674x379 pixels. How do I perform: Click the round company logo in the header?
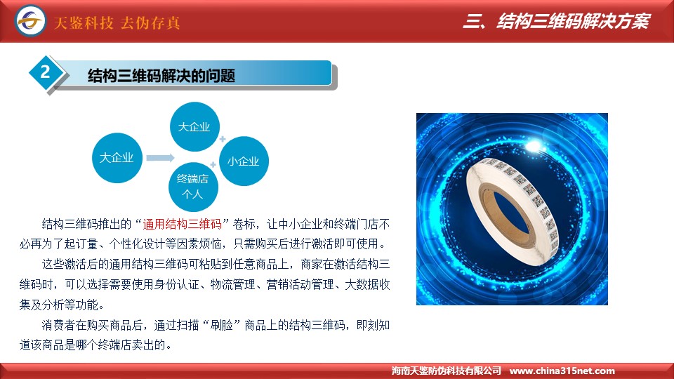(x=30, y=20)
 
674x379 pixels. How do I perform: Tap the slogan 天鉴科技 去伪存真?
(x=117, y=22)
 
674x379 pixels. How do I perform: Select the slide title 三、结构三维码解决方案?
(x=557, y=21)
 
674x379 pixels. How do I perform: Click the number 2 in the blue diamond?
(x=45, y=72)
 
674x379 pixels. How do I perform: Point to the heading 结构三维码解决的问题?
(x=161, y=76)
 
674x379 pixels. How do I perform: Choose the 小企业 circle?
(x=244, y=161)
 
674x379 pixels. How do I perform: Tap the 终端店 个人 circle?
(x=193, y=187)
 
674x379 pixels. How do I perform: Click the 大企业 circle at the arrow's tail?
(x=117, y=158)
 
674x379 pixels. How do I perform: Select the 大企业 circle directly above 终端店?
(x=194, y=127)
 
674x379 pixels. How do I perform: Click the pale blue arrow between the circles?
(x=160, y=158)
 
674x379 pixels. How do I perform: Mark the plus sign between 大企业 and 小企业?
(x=223, y=139)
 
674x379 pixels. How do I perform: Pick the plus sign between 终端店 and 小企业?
(x=213, y=164)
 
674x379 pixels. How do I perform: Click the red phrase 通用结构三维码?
(x=182, y=224)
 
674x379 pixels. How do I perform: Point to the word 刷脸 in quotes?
(x=221, y=325)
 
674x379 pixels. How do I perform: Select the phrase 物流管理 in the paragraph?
(x=232, y=284)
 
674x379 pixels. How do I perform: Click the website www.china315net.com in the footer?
(x=562, y=371)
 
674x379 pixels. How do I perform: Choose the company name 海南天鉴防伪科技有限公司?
(x=447, y=371)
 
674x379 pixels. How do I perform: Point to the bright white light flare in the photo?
(x=533, y=146)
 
